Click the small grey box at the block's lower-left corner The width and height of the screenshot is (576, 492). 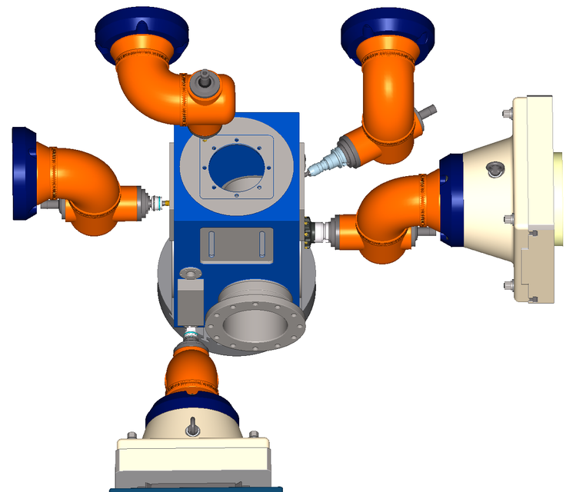click(x=190, y=303)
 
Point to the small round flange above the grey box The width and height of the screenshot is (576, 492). click(x=188, y=272)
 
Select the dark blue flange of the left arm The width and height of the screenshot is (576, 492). click(x=25, y=173)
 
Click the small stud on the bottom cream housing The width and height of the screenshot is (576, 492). click(x=191, y=424)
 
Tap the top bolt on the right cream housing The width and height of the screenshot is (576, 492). click(x=506, y=115)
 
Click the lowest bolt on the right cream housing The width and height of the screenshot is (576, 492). click(x=508, y=286)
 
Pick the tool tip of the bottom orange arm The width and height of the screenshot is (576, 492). click(x=191, y=333)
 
